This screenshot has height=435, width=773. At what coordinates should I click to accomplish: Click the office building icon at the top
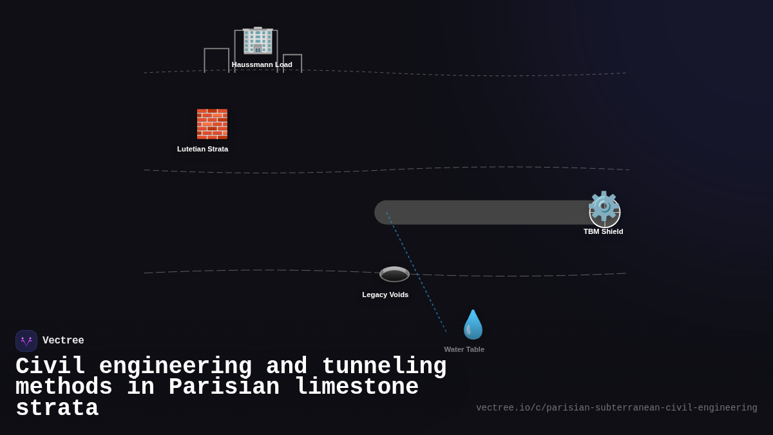pyautogui.click(x=258, y=41)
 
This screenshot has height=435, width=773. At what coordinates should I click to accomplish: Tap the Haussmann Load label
pyautogui.click(x=262, y=64)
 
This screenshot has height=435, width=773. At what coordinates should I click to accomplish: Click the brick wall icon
pyautogui.click(x=212, y=124)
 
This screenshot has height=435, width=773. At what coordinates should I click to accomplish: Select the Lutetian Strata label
pyautogui.click(x=202, y=149)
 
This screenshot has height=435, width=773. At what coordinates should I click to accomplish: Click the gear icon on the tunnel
pyautogui.click(x=604, y=206)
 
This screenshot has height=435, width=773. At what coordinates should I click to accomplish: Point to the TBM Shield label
pyautogui.click(x=603, y=231)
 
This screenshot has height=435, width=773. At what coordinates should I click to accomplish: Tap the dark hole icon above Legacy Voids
pyautogui.click(x=394, y=274)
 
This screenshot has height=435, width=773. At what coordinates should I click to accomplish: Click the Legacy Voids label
pyautogui.click(x=385, y=295)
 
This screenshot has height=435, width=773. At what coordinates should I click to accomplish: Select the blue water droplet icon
pyautogui.click(x=473, y=325)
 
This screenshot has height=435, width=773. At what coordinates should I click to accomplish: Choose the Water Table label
pyautogui.click(x=464, y=349)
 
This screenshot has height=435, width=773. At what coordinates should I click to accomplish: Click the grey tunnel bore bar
pyautogui.click(x=483, y=213)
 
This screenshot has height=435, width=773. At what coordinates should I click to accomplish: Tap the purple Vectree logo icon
pyautogui.click(x=26, y=341)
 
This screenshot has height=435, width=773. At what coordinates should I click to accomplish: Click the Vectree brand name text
pyautogui.click(x=63, y=341)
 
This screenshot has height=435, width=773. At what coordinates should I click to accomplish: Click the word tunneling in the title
pyautogui.click(x=384, y=367)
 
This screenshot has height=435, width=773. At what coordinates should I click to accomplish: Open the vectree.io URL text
pyautogui.click(x=616, y=408)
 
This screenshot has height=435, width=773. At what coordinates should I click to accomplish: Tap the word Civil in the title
pyautogui.click(x=50, y=367)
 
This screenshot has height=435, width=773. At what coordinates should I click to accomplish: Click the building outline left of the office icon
pyautogui.click(x=216, y=59)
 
